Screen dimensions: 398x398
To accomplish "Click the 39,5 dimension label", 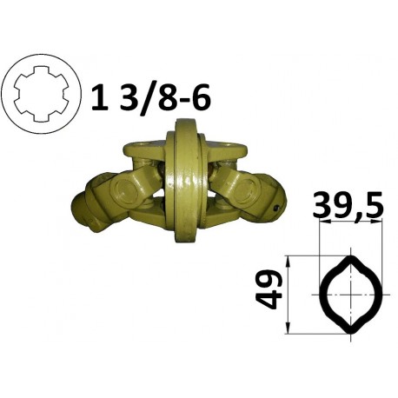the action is [x=348, y=205].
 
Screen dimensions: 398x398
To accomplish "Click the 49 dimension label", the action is [x=269, y=290].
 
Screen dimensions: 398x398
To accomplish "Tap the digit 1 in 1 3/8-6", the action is [x=100, y=96].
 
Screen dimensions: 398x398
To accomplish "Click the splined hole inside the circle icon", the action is [x=41, y=94].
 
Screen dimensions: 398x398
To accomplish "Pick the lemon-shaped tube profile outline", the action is [x=351, y=295].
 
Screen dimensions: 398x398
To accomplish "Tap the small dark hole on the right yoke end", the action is [x=277, y=208].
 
